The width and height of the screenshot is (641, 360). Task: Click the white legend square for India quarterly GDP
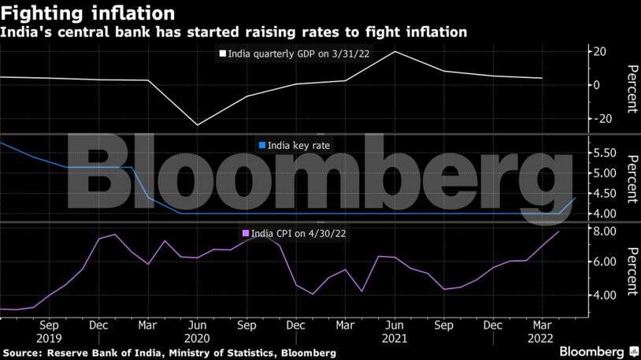click(x=222, y=54)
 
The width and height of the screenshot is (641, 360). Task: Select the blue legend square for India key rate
click(x=261, y=145)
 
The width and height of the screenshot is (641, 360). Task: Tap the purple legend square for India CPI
click(x=245, y=232)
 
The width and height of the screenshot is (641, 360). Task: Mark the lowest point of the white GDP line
click(x=197, y=124)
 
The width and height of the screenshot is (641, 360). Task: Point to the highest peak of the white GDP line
click(x=395, y=51)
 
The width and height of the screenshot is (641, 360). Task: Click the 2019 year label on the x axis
click(x=49, y=338)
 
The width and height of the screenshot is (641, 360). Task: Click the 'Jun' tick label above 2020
click(x=197, y=325)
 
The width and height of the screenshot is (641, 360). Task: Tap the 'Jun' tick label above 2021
click(x=395, y=325)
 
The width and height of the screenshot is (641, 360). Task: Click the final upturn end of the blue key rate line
click(x=576, y=199)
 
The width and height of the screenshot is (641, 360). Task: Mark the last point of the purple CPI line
click(x=559, y=232)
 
